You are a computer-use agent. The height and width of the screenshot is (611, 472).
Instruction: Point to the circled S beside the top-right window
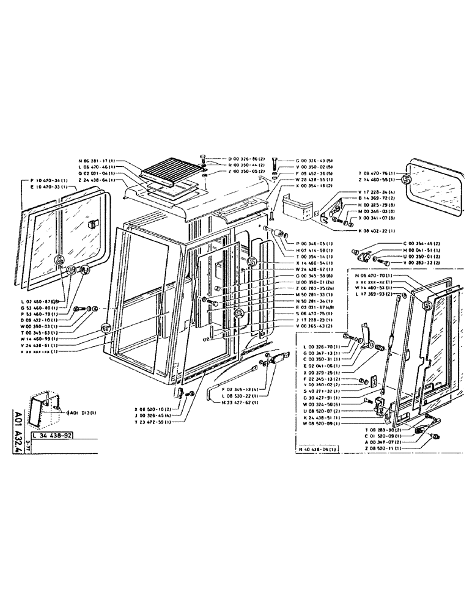click(407, 179)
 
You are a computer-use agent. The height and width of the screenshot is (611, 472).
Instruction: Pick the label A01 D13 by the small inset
click(78, 412)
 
